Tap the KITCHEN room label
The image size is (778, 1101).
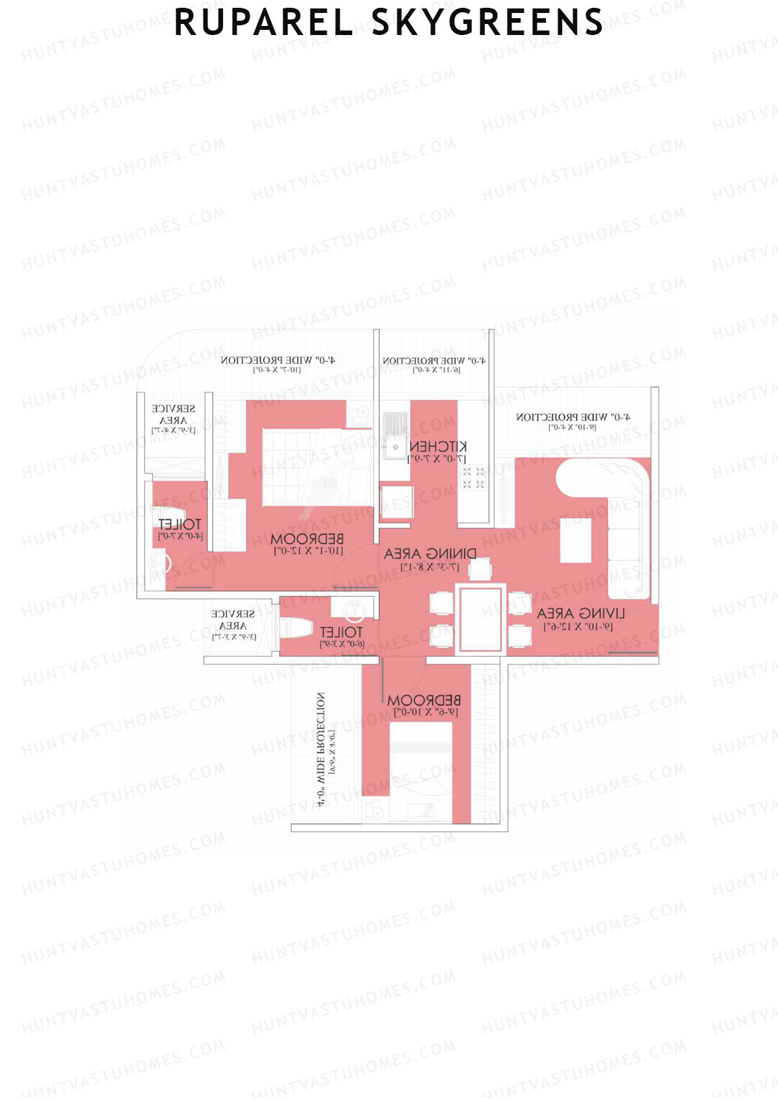(438, 446)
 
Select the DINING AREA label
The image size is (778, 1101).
(430, 553)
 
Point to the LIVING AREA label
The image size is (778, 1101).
(580, 613)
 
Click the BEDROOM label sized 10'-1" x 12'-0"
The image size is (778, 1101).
(307, 539)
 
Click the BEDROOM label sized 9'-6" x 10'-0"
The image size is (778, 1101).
(424, 701)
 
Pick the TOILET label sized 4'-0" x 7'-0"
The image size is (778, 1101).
(180, 524)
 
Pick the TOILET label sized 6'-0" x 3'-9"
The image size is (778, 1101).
(341, 632)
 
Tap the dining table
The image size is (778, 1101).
(480, 619)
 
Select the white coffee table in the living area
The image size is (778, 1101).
(575, 540)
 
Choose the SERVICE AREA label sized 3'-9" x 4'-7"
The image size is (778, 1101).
(173, 415)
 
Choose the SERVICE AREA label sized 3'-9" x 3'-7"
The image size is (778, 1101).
(233, 620)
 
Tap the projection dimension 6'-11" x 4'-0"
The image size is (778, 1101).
(436, 370)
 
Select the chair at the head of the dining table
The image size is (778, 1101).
(480, 569)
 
